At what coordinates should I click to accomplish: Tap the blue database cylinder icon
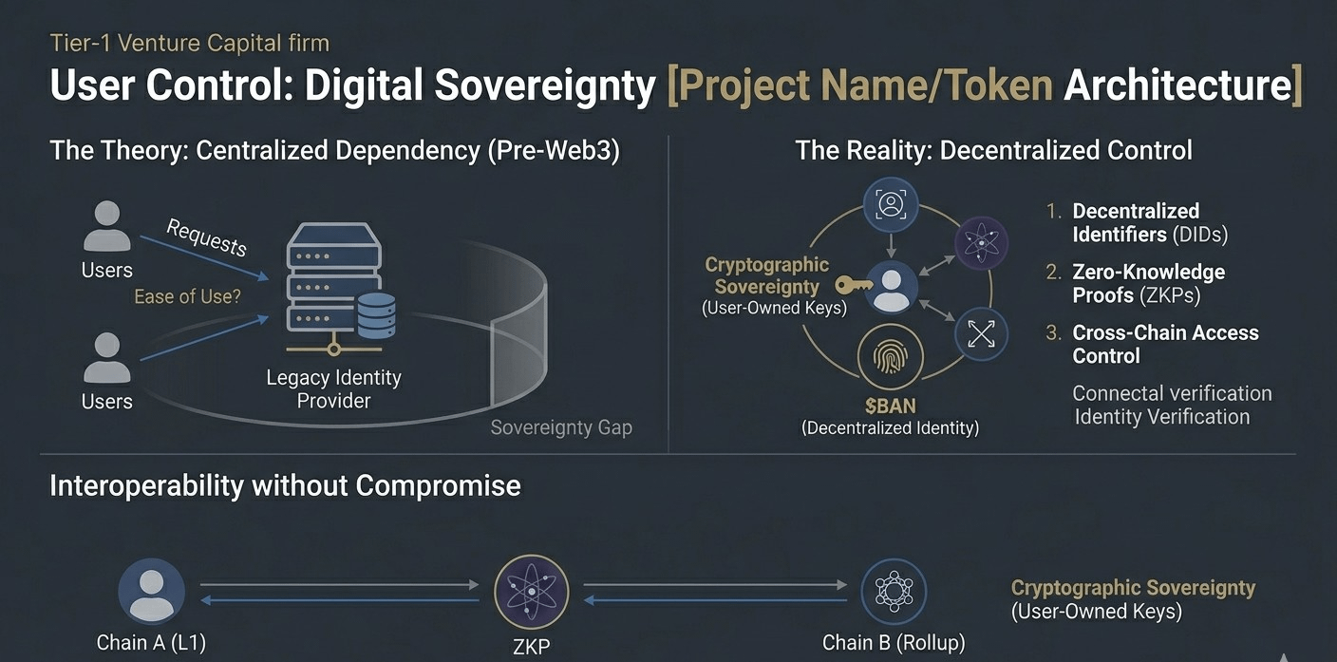[376, 315]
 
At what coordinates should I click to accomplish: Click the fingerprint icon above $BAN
[890, 359]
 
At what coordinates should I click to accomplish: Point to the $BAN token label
[890, 407]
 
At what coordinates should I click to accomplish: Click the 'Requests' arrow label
[206, 236]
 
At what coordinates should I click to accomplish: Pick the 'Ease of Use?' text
[187, 296]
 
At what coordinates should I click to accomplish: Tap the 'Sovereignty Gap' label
[560, 427]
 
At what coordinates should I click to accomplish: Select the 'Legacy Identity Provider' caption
[333, 388]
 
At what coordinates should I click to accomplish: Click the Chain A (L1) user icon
[151, 591]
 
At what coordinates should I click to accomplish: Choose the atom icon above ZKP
[531, 591]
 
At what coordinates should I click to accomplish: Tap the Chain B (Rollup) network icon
[893, 591]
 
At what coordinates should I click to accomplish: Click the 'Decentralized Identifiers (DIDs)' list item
[1149, 222]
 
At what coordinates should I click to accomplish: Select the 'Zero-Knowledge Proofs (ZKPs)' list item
[1148, 283]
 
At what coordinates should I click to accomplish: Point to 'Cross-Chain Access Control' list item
[1164, 344]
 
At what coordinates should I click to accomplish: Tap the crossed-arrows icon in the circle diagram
[981, 333]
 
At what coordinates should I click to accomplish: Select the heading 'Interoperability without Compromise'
[285, 485]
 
